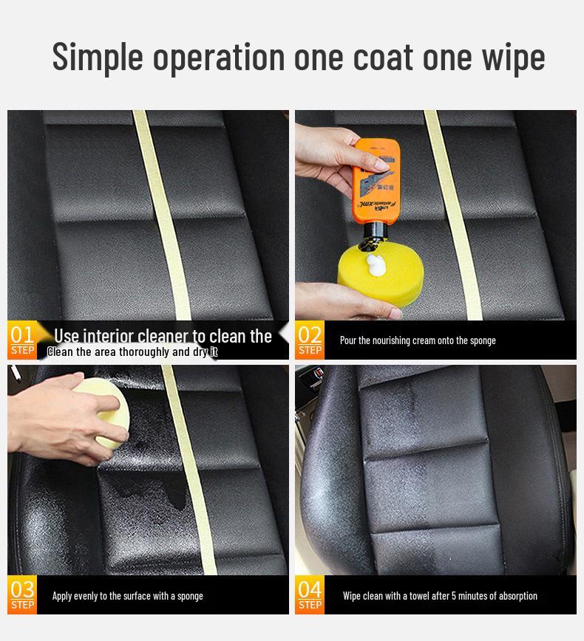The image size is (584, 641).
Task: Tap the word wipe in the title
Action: click(x=510, y=56)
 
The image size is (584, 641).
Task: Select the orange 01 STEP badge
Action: click(x=22, y=340)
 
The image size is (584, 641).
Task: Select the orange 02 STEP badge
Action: click(x=310, y=340)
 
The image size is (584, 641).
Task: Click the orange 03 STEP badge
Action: click(x=22, y=595)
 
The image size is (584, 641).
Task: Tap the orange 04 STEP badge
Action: click(x=310, y=595)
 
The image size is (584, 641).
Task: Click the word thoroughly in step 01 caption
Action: click(x=140, y=352)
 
